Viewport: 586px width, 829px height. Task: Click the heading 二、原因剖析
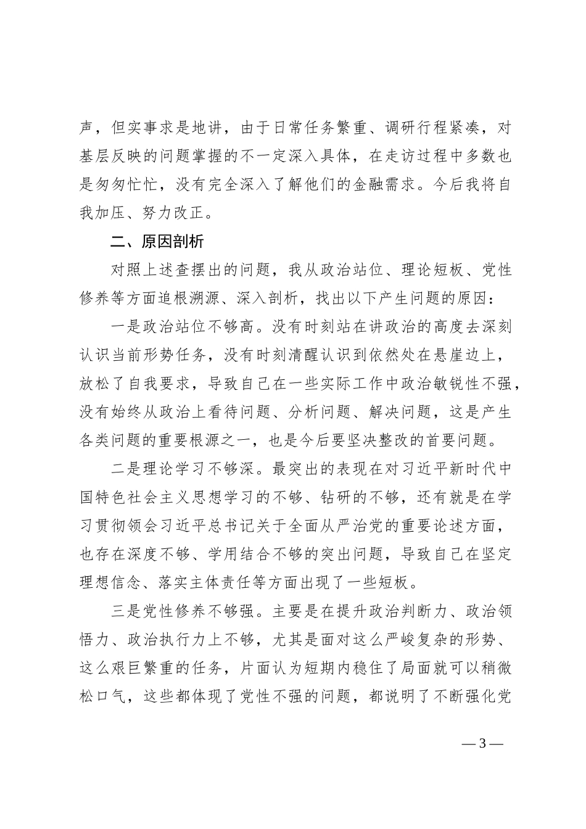[x=157, y=241]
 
